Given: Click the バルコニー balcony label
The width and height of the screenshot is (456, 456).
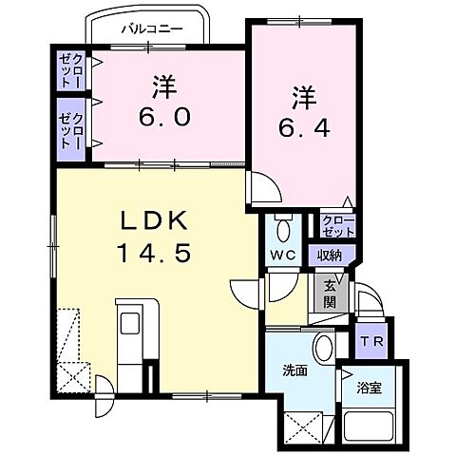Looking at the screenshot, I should pyautogui.click(x=151, y=28).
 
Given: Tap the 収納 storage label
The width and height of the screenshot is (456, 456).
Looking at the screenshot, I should pyautogui.click(x=330, y=254).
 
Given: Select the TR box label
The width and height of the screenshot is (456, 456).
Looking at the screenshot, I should pyautogui.click(x=370, y=340).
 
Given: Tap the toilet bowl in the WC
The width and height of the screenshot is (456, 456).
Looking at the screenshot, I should pyautogui.click(x=281, y=227).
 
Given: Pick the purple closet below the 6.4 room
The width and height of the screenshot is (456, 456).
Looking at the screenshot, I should pyautogui.click(x=338, y=225).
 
